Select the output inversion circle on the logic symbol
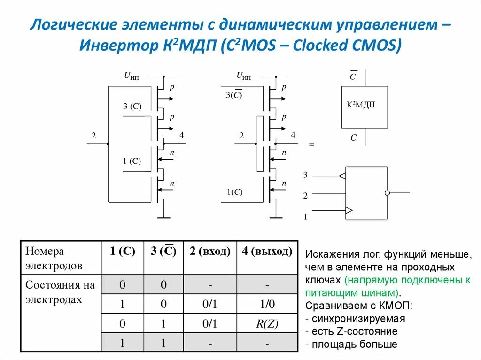pyautogui.click(x=387, y=193)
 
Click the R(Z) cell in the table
pyautogui.click(x=266, y=323)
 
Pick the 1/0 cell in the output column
pyautogui.click(x=266, y=304)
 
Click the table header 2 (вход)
pyautogui.click(x=210, y=252)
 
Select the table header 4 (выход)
pyautogui.click(x=266, y=252)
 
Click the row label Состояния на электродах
pyautogui.click(x=60, y=292)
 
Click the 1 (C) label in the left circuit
pyautogui.click(x=132, y=161)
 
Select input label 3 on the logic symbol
pyautogui.click(x=305, y=175)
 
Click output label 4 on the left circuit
pyautogui.click(x=182, y=135)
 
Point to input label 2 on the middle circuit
pyautogui.click(x=241, y=136)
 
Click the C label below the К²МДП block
pyautogui.click(x=354, y=138)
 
